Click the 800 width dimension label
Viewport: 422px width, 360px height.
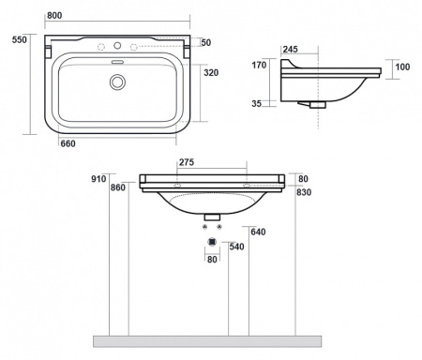coord(54,15)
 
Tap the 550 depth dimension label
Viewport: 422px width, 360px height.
coord(20,39)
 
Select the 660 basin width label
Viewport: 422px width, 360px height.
coord(68,143)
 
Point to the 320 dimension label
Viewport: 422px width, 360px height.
coord(211,72)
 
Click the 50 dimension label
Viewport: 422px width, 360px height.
coord(206,42)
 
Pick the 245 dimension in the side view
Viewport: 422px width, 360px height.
coord(291,49)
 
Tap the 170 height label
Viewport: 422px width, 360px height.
coord(259,65)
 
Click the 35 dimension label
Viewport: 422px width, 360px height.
coord(256,103)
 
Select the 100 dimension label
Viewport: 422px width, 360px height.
coord(402,67)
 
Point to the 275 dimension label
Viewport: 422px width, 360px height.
coord(187,162)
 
